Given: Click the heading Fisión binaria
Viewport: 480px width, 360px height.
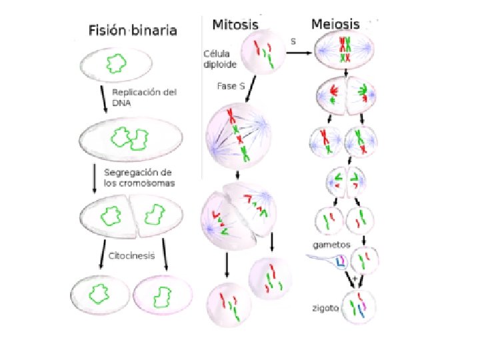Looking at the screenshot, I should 133,30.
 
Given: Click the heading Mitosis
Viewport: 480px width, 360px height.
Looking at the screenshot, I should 235,25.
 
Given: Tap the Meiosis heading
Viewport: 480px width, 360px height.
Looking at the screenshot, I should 335,25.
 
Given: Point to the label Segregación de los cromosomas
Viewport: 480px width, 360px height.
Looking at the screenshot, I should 139,177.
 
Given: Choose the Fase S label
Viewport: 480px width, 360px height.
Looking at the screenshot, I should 231,86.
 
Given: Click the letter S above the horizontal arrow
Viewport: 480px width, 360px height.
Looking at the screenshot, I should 293,42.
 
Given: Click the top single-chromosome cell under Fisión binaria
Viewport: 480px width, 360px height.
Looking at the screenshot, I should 116,64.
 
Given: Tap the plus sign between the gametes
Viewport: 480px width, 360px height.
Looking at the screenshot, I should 355,277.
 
